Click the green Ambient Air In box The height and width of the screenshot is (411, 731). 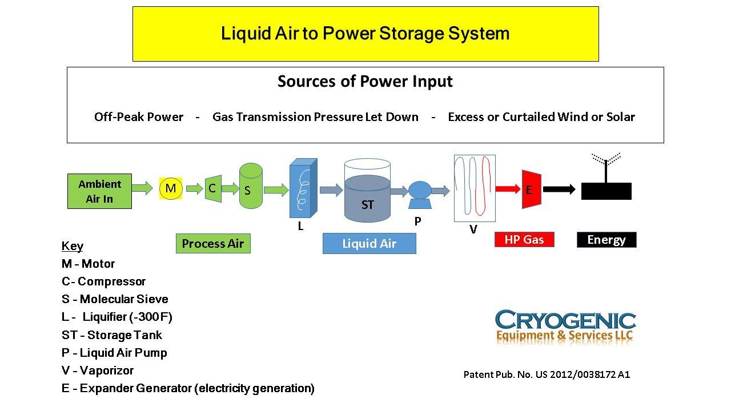point(99,191)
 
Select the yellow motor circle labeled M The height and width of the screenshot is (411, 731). point(170,188)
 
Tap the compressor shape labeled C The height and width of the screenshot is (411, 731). point(212,188)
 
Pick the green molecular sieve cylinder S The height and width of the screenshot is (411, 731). point(251,186)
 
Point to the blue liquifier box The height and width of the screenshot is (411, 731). point(303,189)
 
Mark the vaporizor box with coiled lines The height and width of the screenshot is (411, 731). point(474,188)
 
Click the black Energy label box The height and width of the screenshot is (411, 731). point(607,240)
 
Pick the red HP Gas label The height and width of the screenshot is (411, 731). point(524,240)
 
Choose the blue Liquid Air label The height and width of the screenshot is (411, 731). point(369,244)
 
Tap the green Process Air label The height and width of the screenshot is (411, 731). point(212,244)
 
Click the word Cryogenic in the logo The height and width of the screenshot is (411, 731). point(565,319)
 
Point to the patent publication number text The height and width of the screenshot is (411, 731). point(546,374)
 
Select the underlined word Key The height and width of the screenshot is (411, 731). point(72,246)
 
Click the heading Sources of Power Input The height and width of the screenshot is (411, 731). point(365,82)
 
